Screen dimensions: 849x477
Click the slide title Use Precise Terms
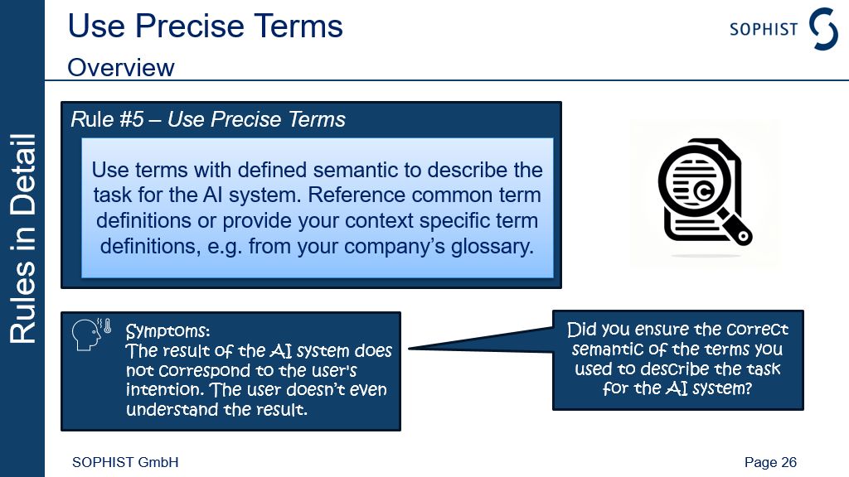coord(206,26)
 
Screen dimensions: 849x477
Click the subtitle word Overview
coord(121,68)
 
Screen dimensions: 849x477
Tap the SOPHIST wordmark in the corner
coord(764,29)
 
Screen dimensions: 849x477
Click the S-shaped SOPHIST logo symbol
coord(823,28)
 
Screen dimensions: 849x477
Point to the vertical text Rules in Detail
coord(22,238)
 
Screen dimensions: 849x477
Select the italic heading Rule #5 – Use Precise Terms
coord(208,119)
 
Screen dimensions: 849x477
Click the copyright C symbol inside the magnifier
coord(703,191)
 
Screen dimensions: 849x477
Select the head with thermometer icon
coord(91,334)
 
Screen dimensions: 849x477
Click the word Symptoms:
coord(167,330)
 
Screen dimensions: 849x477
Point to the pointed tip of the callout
coord(409,349)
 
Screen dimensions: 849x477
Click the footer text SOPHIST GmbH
coord(125,462)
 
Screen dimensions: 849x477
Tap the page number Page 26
coord(770,462)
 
